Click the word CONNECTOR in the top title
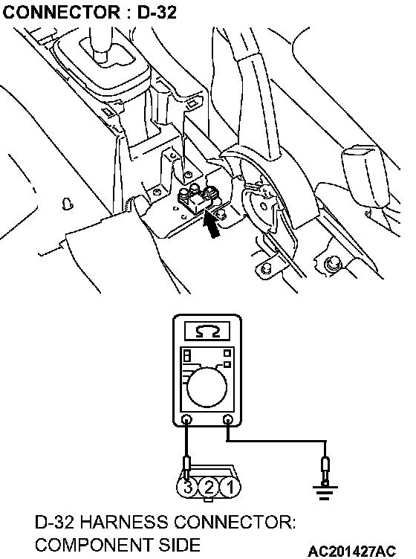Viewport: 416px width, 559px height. tap(61, 12)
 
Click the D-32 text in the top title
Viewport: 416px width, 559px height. tap(157, 12)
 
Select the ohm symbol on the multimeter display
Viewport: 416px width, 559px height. tap(207, 332)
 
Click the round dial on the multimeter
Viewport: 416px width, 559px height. tap(207, 387)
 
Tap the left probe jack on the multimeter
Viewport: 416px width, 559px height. tap(186, 419)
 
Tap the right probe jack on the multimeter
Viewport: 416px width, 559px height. tap(227, 419)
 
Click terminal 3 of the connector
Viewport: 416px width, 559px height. tap(188, 487)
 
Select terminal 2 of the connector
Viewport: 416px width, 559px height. tap(209, 487)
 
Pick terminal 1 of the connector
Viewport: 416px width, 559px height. tap(230, 487)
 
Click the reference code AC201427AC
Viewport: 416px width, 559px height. tap(352, 551)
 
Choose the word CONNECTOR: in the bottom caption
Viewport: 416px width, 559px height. tap(235, 523)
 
